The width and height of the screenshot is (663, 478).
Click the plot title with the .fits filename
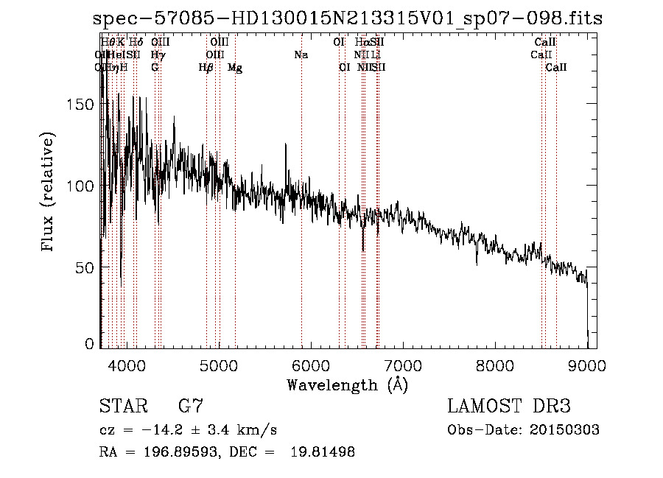(348, 19)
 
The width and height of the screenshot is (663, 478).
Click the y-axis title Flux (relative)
(49, 193)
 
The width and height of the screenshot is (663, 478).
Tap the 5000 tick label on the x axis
(219, 365)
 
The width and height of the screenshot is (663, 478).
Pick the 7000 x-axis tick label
(403, 365)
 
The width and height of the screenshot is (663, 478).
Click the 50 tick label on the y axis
(85, 267)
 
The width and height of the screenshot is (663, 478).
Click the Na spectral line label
(301, 55)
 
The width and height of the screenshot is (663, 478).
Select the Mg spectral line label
(235, 68)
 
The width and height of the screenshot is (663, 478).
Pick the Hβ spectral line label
(206, 68)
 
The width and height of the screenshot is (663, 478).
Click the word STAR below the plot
(120, 407)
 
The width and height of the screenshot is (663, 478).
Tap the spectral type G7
(191, 407)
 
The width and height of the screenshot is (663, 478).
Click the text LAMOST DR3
(509, 407)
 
